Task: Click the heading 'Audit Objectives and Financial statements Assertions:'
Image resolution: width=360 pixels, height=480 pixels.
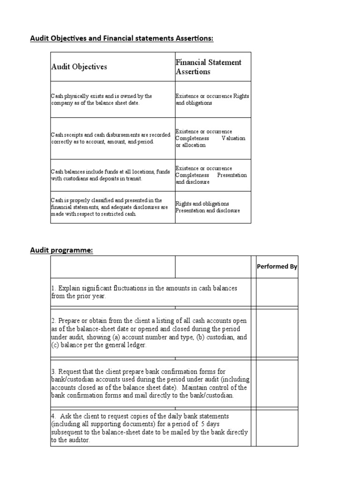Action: tap(122, 38)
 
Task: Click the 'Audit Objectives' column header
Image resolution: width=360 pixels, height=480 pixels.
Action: tap(79, 67)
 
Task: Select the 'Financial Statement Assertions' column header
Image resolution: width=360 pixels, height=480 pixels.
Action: tap(209, 67)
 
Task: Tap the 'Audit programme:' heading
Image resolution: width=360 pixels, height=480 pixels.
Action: tap(61, 250)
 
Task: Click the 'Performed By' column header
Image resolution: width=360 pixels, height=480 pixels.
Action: tap(277, 267)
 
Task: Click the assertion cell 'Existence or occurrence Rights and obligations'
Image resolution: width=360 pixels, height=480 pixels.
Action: tap(212, 99)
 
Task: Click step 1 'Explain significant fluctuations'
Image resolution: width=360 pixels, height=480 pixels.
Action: tap(144, 292)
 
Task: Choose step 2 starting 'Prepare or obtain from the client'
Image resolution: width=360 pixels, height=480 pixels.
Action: tap(149, 333)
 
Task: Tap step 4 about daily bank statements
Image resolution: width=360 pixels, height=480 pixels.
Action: tap(149, 428)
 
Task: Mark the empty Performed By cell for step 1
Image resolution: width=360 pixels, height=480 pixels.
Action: tap(277, 292)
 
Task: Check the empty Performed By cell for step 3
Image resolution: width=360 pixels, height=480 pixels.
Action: tap(277, 383)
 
